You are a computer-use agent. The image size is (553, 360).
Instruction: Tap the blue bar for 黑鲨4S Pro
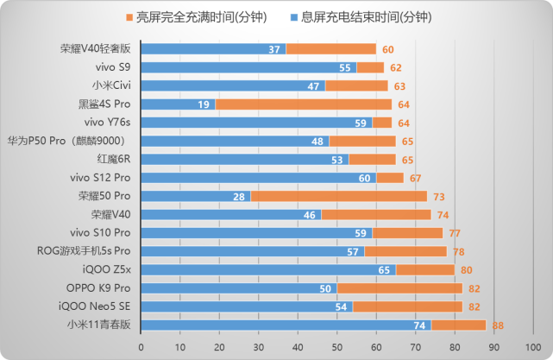pos(177,104)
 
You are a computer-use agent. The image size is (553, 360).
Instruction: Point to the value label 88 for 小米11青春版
pos(498,325)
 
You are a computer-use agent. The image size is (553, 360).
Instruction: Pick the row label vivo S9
pos(114,67)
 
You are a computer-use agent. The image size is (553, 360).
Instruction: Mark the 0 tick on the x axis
pos(141,346)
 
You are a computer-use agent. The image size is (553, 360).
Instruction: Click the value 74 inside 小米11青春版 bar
pos(420,325)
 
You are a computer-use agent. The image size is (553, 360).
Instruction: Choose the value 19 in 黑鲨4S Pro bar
pos(204,104)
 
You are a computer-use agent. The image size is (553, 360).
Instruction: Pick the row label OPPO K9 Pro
pos(98,287)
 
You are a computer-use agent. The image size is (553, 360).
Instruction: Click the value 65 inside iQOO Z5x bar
pos(385,269)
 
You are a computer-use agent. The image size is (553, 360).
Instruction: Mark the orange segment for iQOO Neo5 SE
pos(407,306)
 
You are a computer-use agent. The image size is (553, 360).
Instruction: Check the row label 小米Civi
pos(111,85)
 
